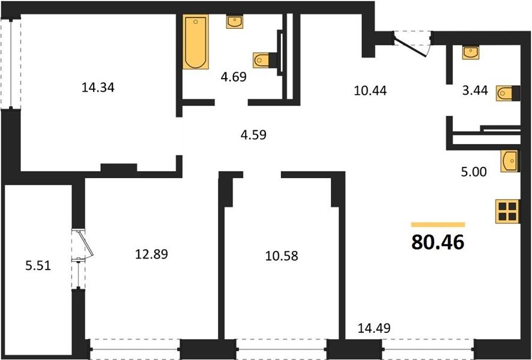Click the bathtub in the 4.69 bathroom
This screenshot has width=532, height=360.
point(195,41)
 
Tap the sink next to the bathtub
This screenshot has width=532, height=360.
point(235,22)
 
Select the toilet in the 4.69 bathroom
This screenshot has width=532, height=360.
point(261,61)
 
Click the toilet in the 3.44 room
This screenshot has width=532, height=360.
point(504,93)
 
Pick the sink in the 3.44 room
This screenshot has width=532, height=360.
point(471,53)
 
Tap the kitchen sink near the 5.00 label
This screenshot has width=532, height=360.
point(510,161)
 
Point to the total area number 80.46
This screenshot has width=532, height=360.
point(438,242)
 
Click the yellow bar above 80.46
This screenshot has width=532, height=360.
point(438,224)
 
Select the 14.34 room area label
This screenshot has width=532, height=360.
point(98,88)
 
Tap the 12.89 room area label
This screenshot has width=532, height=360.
point(151,254)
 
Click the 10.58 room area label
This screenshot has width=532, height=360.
point(282,256)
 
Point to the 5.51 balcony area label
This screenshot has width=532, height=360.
point(38,265)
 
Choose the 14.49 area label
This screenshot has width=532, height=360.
point(374,328)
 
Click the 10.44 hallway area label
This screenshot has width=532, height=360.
point(370,91)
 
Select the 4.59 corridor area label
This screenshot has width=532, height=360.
point(253,135)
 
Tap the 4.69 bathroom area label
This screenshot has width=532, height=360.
point(234,77)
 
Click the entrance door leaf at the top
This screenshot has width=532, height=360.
point(410,44)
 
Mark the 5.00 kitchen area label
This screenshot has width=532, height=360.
point(474,172)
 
